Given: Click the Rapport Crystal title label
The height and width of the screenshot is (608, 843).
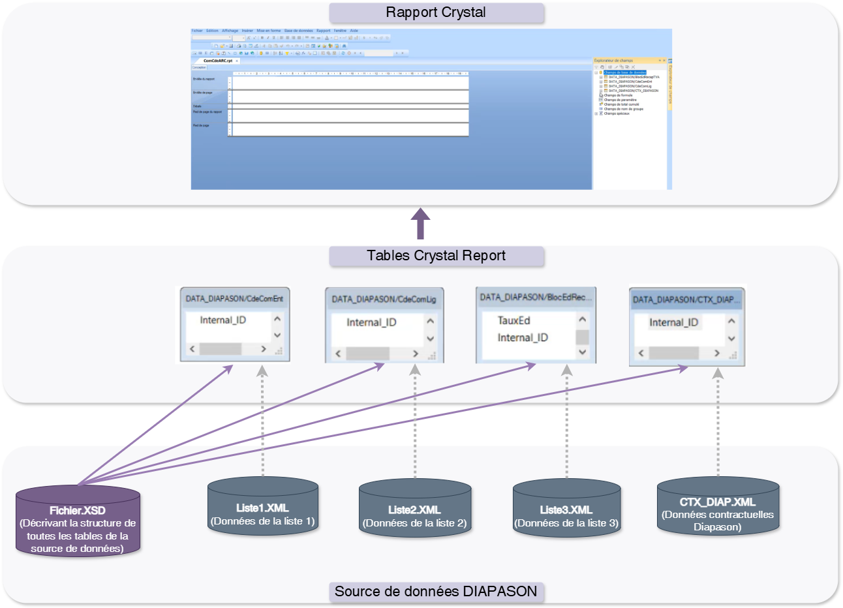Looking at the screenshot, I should [436, 13].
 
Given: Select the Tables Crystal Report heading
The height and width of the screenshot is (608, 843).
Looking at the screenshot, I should [436, 256].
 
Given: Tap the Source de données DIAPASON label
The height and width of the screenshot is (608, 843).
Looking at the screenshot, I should [436, 592].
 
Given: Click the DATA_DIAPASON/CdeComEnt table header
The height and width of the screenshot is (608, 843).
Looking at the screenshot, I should [234, 299].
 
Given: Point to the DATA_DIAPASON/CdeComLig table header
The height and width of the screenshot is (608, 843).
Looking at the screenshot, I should [384, 299].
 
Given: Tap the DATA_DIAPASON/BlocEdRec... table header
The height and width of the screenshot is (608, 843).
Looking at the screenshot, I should [536, 297].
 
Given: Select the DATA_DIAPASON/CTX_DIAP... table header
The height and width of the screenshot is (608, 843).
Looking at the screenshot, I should [686, 299].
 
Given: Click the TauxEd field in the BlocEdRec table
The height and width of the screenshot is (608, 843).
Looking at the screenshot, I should [514, 320].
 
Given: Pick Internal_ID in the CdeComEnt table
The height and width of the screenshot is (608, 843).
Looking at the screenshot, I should [223, 320].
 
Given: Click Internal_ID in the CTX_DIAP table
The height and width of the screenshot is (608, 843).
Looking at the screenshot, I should [673, 322].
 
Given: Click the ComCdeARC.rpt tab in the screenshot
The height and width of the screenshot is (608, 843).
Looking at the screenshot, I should [218, 61].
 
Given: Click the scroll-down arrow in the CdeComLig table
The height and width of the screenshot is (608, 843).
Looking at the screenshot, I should [430, 339].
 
